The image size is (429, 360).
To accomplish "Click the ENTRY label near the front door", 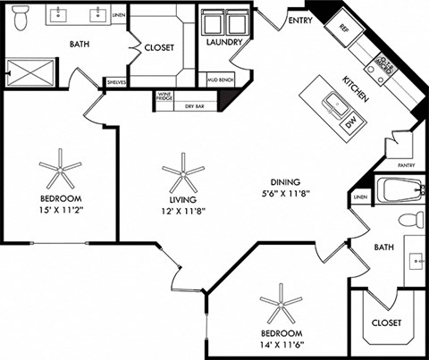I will [299, 21].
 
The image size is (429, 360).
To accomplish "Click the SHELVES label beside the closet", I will [117, 82].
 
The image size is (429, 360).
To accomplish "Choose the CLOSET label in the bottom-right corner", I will [385, 322].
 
